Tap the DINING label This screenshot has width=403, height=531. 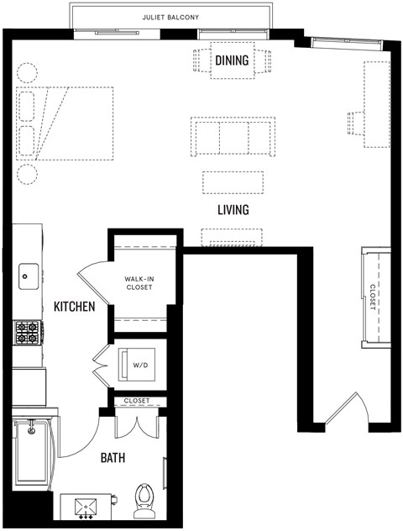[232, 60]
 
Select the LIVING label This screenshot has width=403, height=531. [233, 210]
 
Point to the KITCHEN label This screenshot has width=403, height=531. [74, 308]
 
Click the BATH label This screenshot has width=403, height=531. [113, 458]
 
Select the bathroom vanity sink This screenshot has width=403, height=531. [86, 507]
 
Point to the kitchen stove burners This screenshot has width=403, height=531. [27, 333]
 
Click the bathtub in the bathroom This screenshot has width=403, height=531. [33, 453]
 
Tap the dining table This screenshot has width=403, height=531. [232, 60]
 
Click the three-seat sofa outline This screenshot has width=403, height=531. [232, 137]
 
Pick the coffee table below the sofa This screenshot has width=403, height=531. [233, 182]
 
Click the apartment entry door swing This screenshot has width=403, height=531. [344, 412]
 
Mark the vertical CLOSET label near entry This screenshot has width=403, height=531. [373, 297]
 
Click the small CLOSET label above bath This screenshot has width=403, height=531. [137, 401]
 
